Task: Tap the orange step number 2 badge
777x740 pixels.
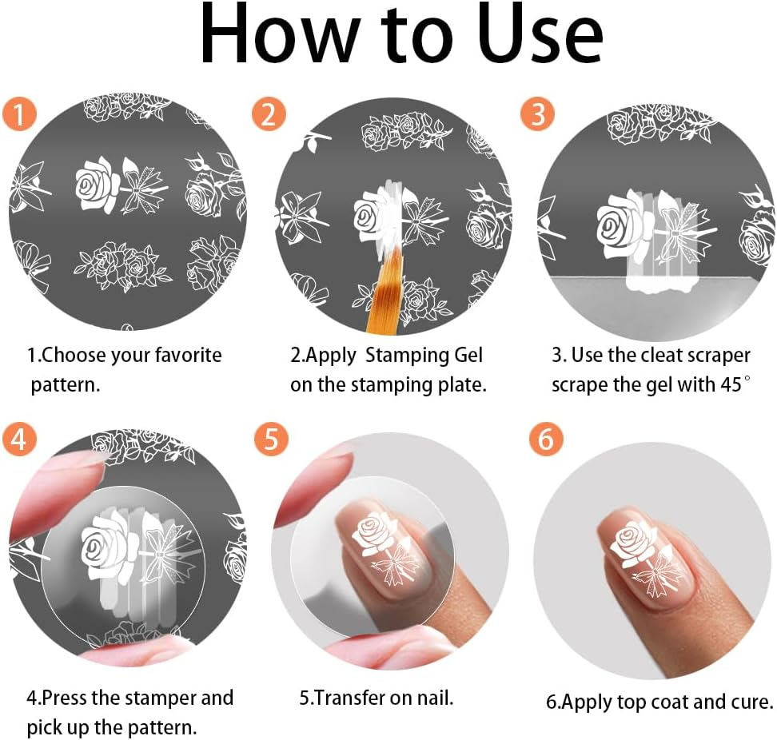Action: (x=269, y=114)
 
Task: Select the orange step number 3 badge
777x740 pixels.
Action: (x=537, y=114)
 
